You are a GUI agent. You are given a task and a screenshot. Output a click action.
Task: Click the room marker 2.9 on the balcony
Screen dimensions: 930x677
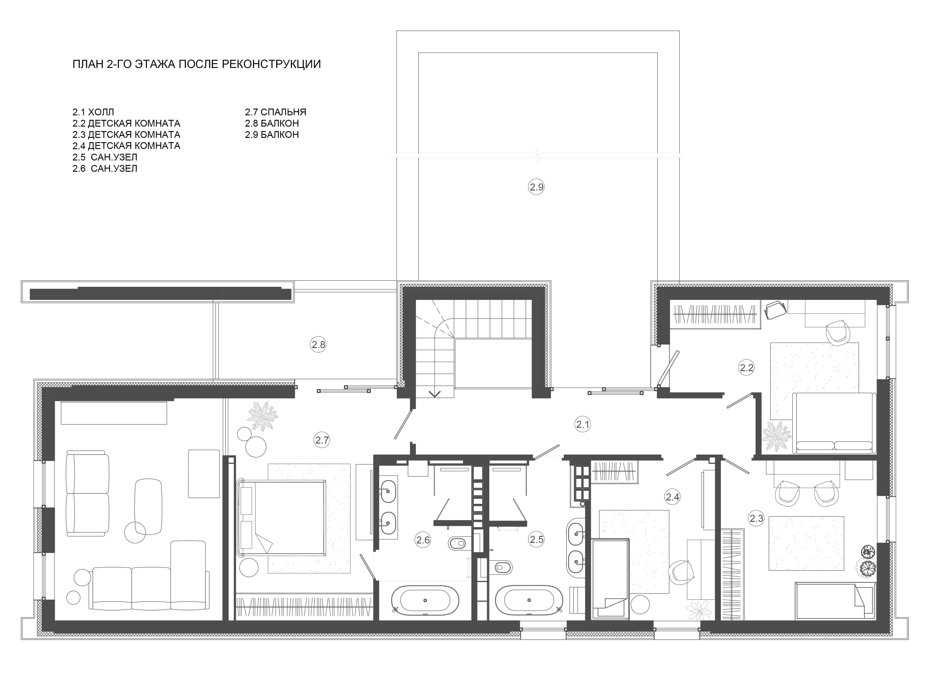tap(536, 187)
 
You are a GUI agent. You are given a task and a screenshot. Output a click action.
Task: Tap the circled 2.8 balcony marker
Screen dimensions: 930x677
tap(318, 345)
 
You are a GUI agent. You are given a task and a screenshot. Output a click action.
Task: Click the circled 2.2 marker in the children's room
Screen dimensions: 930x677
tap(746, 368)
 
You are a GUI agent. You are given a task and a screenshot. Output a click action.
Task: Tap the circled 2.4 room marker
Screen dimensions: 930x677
tap(673, 497)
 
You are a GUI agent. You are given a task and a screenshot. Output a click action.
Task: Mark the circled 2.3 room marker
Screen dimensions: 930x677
tap(757, 518)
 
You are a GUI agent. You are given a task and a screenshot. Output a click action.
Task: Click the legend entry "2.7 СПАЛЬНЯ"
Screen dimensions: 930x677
tap(276, 112)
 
